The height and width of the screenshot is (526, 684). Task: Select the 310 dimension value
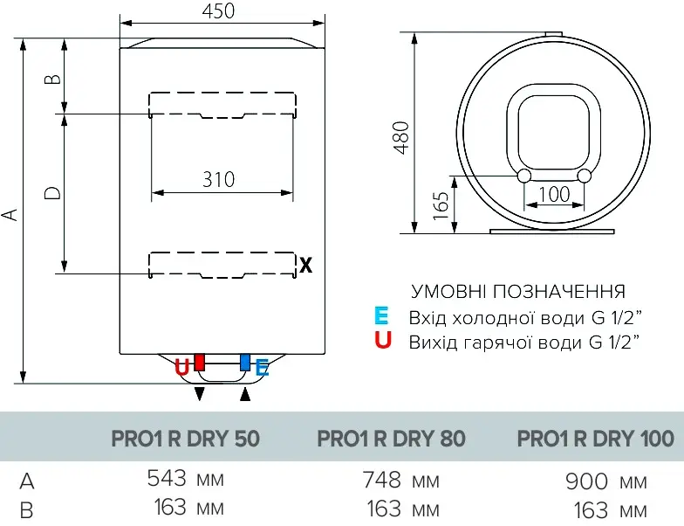tap(218, 179)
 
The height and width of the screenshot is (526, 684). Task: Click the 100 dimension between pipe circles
tap(553, 194)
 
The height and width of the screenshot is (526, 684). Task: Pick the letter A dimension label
tap(10, 214)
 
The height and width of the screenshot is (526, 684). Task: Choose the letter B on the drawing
tap(52, 78)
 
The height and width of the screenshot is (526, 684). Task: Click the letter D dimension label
tap(52, 193)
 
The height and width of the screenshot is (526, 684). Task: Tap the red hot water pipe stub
tap(200, 362)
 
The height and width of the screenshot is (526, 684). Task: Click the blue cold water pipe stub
tap(245, 362)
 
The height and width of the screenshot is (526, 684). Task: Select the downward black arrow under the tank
tap(200, 394)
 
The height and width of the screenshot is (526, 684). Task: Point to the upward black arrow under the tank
tap(245, 394)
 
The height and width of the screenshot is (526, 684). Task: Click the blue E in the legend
tap(381, 315)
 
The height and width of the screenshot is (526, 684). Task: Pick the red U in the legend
tap(382, 341)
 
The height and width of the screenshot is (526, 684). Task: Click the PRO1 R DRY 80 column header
tap(391, 439)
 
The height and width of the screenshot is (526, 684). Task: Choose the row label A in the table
tap(27, 481)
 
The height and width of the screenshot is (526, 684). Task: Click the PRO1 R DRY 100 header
tap(596, 439)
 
